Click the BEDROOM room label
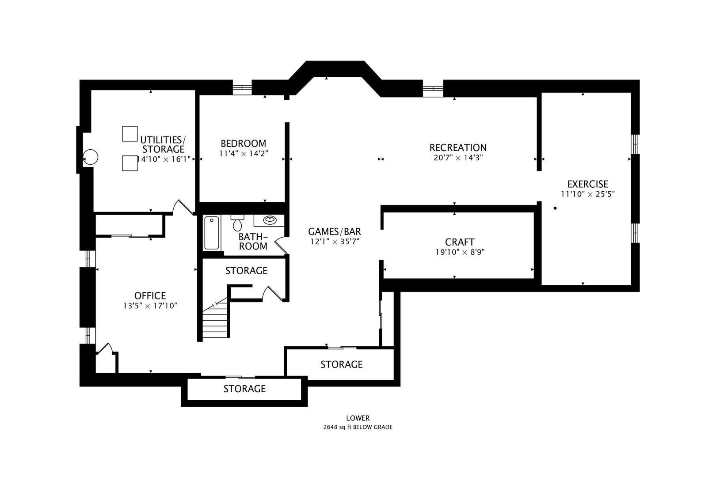pos(244,144)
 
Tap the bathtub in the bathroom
pos(212,233)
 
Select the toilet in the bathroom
pos(237,223)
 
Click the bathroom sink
pos(269,220)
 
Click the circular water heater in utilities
pos(91,157)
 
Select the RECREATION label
pos(458,148)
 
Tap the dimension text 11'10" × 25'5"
pos(588,194)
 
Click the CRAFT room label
pos(460,242)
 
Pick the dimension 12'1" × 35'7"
pos(335,242)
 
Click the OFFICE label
pos(150,295)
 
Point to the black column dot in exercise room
pos(555,208)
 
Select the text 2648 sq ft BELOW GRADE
pos(358,427)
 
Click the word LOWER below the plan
pos(358,418)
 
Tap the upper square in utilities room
pos(129,133)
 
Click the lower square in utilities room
pos(129,163)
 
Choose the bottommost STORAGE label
pos(244,389)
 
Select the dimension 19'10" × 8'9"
pos(460,252)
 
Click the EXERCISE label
pos(588,184)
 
